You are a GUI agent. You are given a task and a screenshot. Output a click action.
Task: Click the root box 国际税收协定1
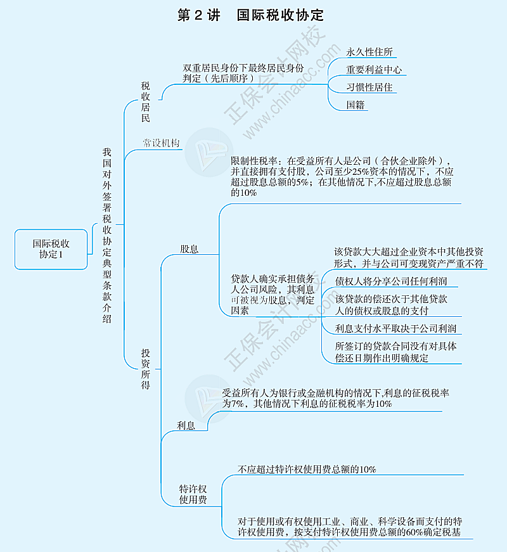pos(51,249)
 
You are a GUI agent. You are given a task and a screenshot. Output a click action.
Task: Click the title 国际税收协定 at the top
pos(280,15)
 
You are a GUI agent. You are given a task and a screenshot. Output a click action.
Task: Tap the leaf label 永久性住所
pos(369,52)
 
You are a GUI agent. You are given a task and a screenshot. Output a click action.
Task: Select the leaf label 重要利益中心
pos(374,70)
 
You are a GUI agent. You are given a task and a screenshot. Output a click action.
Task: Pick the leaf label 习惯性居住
pos(369,87)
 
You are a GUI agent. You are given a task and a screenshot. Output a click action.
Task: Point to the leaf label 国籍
pos(356,105)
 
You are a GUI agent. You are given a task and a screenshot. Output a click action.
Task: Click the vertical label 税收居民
pos(145,102)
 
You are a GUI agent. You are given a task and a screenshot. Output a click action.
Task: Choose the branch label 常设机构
pos(161,143)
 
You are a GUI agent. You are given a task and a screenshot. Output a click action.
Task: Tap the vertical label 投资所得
pos(145,369)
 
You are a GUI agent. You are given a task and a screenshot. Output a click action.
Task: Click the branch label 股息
pos(189,249)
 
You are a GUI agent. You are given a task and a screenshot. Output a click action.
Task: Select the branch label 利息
pos(186,426)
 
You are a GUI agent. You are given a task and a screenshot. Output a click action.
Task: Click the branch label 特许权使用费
pos(193,494)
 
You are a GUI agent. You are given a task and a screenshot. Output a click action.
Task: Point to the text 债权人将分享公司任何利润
pos(391,281)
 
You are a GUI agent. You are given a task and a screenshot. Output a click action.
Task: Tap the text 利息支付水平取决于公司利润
pos(395,328)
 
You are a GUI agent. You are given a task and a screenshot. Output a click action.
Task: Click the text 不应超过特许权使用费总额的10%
pos(307,469)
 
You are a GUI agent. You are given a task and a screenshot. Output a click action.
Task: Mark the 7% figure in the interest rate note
pos(238,404)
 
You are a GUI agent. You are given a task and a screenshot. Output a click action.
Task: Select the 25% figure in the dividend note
pos(361,172)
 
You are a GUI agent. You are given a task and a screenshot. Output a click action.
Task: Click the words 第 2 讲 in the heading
pos(199,15)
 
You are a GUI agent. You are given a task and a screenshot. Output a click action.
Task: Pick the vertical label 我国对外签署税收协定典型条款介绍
pos(107,236)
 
